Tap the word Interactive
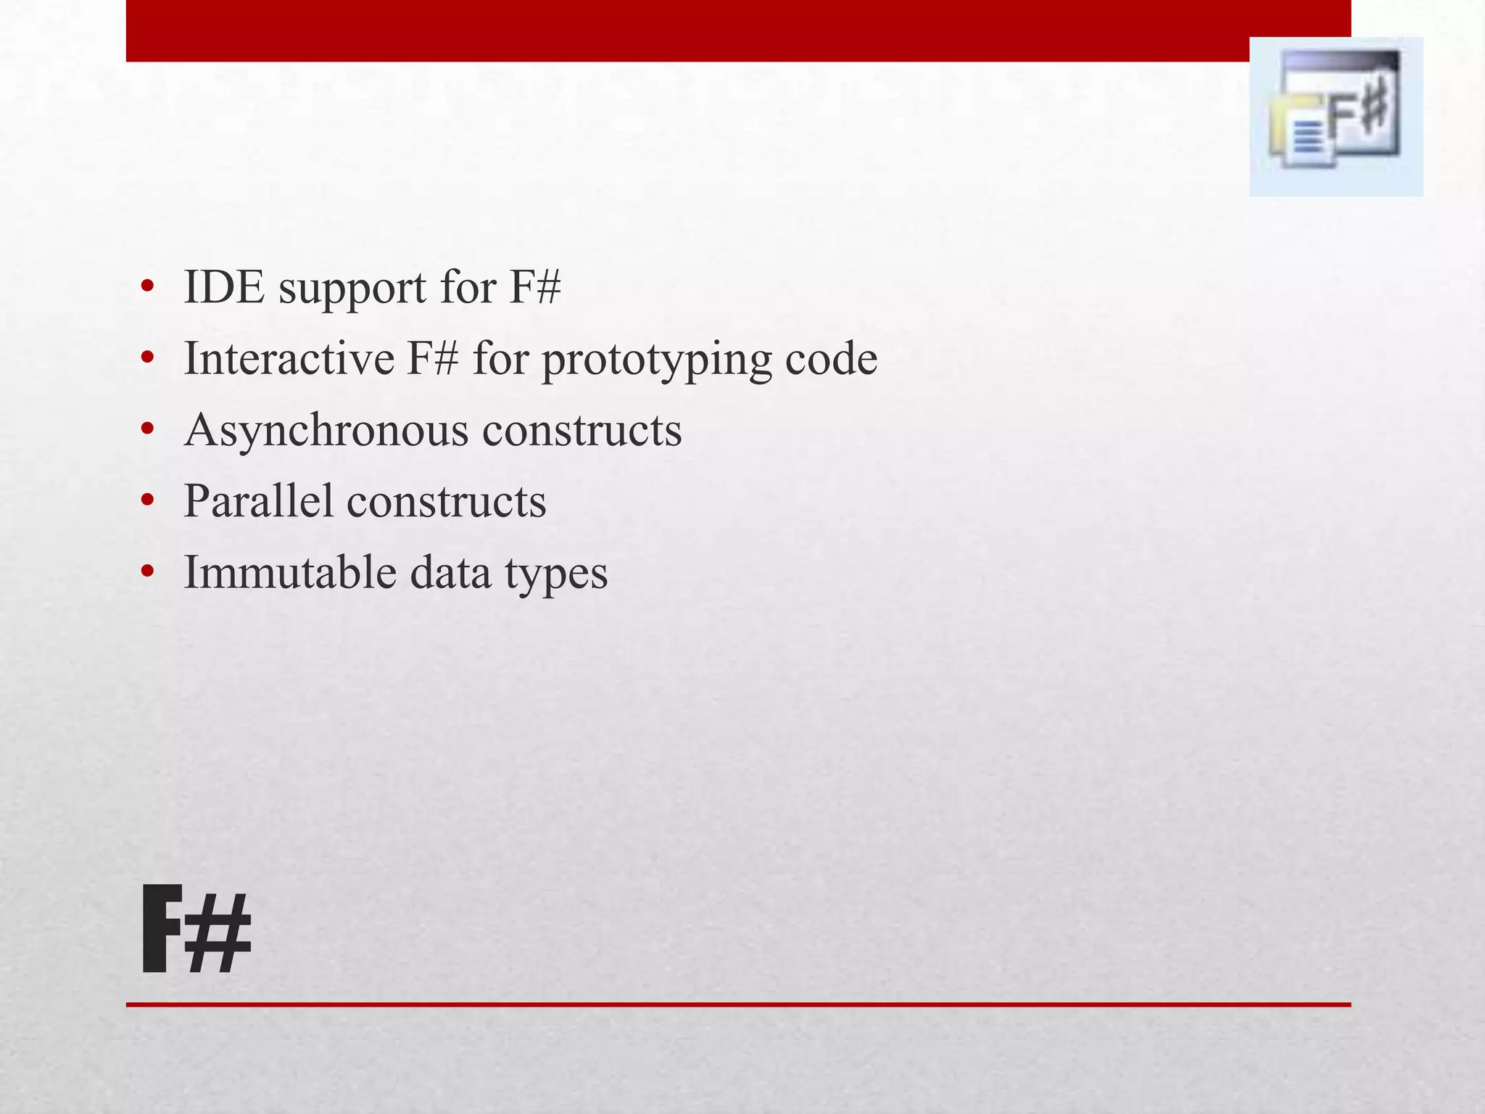point(289,358)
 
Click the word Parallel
point(257,500)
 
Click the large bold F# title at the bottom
point(197,930)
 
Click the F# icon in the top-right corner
point(1336,117)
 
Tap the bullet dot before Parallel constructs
point(148,500)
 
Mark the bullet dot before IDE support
point(148,287)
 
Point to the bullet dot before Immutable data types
point(148,572)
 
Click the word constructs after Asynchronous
point(582,431)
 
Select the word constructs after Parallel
point(446,500)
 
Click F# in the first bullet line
point(534,287)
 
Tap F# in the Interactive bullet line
point(432,358)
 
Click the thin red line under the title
point(738,1004)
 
